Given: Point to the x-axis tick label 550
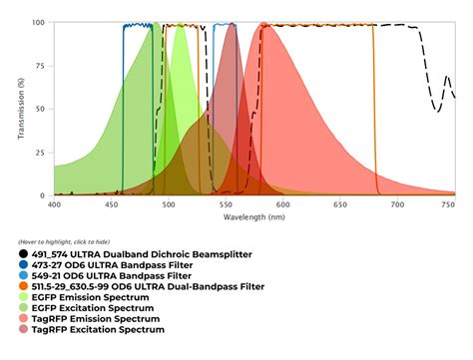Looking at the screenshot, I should pos(227,203).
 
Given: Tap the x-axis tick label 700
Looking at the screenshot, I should pos(398,203).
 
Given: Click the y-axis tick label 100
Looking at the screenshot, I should pos(38,23).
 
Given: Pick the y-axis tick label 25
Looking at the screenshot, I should pos(41,152).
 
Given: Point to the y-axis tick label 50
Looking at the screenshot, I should pos(41,109).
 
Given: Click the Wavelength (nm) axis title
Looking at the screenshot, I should pos(254,216).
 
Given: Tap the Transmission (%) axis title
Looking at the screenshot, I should pos(22,108).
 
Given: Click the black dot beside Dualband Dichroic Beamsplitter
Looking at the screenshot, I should pos(24,254).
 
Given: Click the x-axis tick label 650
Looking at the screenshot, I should pos(340,203).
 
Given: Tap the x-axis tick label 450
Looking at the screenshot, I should pos(112,203).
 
